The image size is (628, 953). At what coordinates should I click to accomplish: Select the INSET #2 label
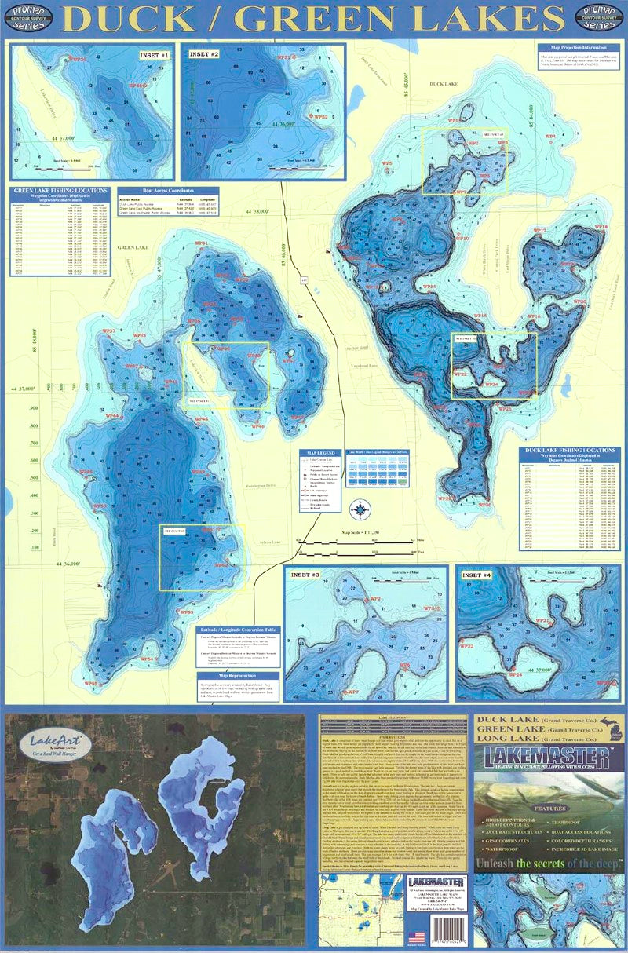(204, 55)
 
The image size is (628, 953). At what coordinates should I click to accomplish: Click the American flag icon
(417, 936)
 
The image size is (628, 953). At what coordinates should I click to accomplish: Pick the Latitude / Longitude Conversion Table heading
(236, 630)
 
